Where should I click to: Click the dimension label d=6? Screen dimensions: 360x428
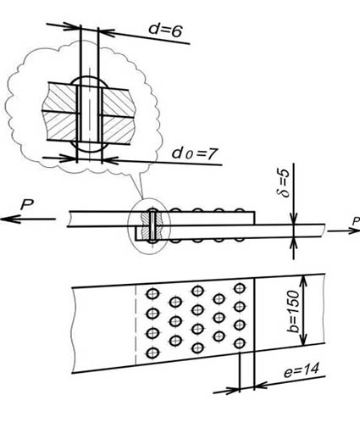(x=165, y=31)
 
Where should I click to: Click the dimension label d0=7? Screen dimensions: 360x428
(x=195, y=153)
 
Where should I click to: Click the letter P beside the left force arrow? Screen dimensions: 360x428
(x=27, y=204)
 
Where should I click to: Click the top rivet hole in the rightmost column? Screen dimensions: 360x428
(x=240, y=288)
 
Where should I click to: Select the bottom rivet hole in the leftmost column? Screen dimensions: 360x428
(x=153, y=353)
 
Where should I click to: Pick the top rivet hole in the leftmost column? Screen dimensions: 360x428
(x=153, y=293)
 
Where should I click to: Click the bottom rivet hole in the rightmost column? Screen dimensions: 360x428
(x=240, y=343)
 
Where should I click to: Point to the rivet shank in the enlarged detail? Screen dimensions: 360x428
(x=90, y=114)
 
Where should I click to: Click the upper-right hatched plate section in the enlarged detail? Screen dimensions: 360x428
(x=117, y=100)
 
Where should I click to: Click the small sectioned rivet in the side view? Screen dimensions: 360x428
(x=152, y=225)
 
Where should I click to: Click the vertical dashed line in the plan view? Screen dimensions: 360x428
(x=136, y=325)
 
